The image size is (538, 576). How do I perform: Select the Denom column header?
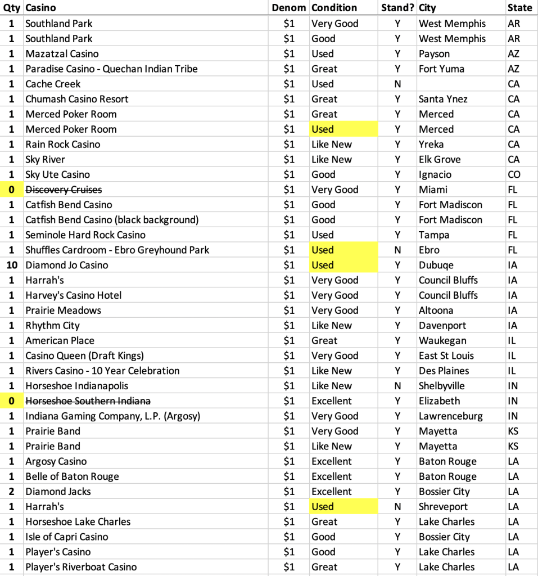[x=288, y=8]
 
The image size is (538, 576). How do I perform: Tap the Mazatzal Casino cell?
[x=62, y=54]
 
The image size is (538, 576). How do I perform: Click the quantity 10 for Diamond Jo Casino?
[x=12, y=265]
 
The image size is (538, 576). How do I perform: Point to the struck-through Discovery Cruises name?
[x=64, y=190]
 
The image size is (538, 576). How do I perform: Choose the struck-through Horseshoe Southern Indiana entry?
[x=88, y=401]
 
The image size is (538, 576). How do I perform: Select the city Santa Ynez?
[x=443, y=99]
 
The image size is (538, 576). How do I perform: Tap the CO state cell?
[x=514, y=175]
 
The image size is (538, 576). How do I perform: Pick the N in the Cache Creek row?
[x=397, y=84]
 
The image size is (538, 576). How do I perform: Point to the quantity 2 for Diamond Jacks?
[x=12, y=492]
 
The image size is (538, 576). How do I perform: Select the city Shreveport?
[x=443, y=507]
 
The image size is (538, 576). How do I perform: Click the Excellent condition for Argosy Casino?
[x=332, y=462]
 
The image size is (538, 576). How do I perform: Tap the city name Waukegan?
[x=442, y=341]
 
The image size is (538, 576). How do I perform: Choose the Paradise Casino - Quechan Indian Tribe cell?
[x=111, y=69]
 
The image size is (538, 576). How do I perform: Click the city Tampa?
[x=434, y=235]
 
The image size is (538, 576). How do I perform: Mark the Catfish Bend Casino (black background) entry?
[x=112, y=220]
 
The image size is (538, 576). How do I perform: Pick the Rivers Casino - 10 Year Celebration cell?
[x=102, y=371]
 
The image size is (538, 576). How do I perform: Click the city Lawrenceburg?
[x=451, y=416]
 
